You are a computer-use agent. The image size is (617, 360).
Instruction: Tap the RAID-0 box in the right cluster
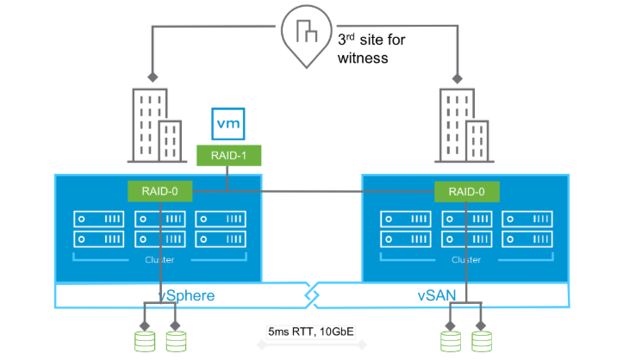pyautogui.click(x=465, y=191)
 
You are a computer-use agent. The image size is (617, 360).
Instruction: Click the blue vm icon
pyautogui.click(x=228, y=124)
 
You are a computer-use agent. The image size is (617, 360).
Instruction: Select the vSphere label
pyautogui.click(x=185, y=295)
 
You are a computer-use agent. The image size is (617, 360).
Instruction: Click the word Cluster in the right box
pyautogui.click(x=465, y=259)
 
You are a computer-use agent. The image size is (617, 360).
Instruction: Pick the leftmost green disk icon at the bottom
pyautogui.click(x=144, y=339)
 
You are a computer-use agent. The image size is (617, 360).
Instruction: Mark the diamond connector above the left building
pyautogui.click(x=153, y=78)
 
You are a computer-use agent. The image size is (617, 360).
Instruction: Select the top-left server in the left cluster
pyautogui.click(x=98, y=219)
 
